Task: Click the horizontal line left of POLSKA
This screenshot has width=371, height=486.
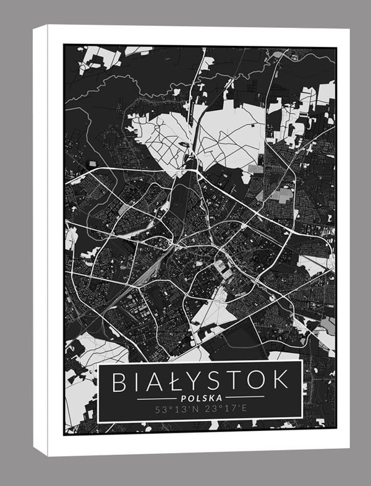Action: tap(155, 398)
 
